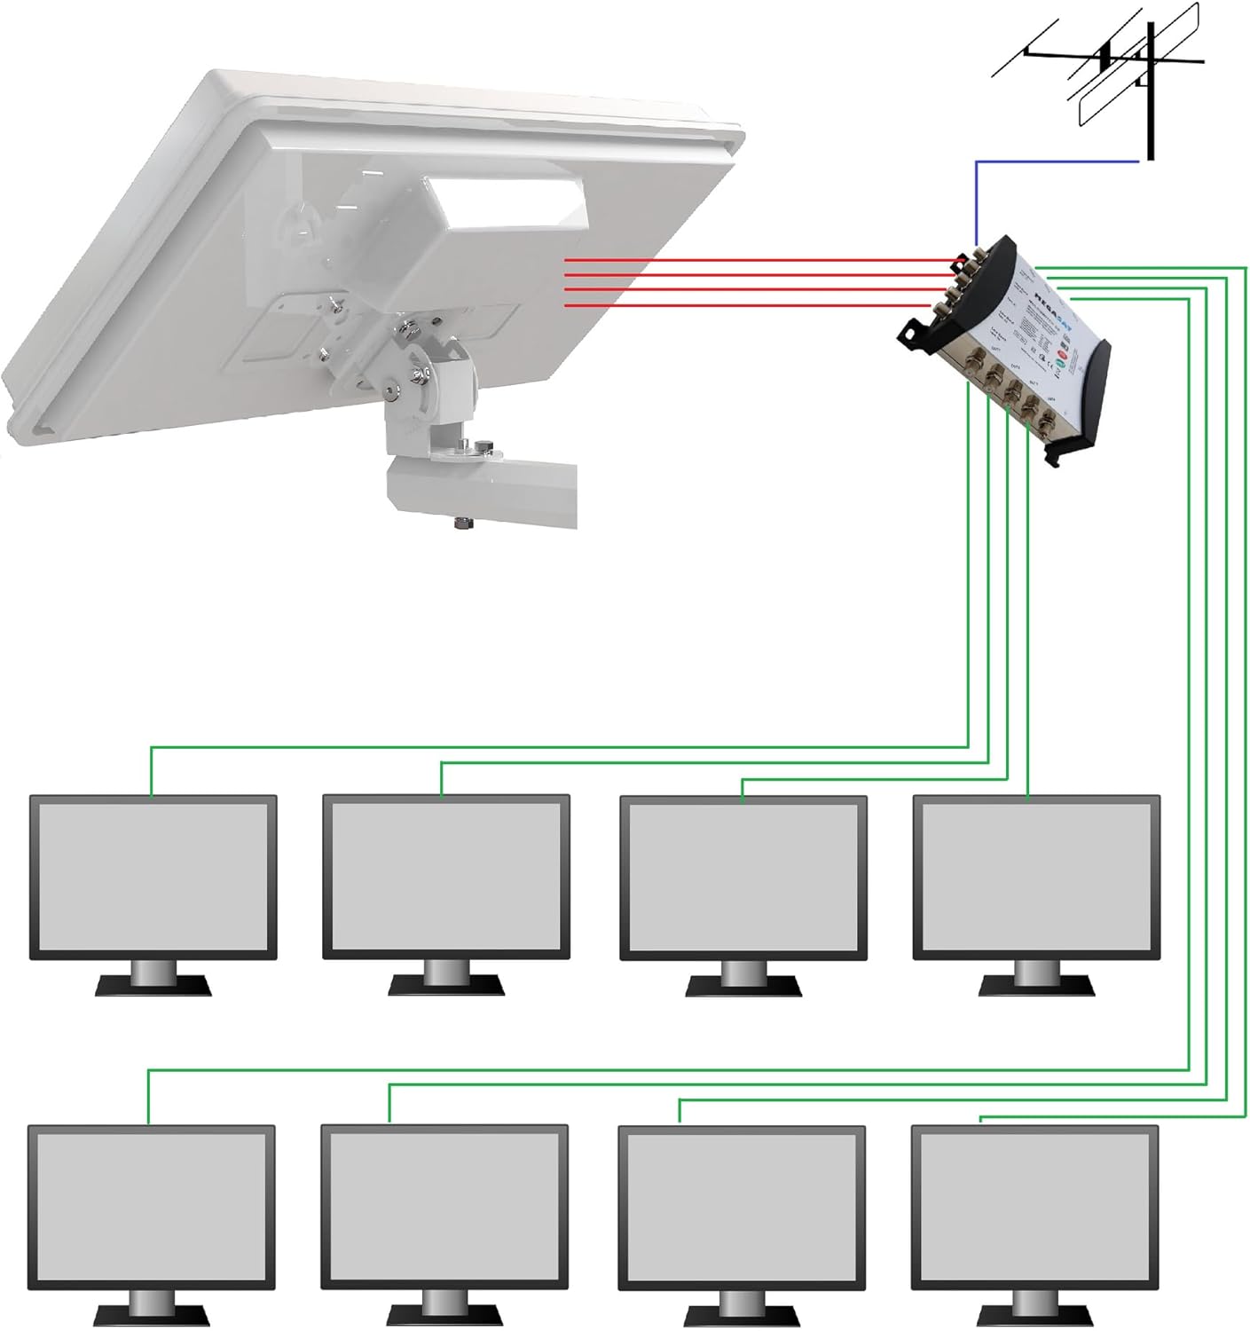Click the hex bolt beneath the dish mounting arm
(463, 524)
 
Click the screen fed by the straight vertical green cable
(1035, 876)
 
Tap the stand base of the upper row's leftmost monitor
(153, 985)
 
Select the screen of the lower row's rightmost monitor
(1034, 1207)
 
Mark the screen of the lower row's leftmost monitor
(150, 1207)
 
